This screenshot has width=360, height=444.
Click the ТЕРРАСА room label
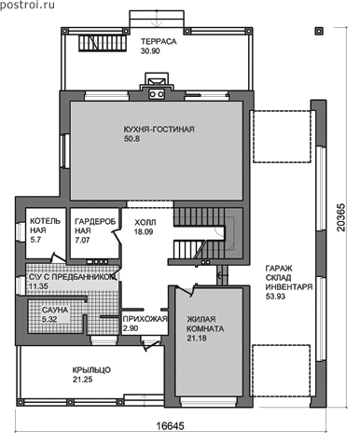[159, 42]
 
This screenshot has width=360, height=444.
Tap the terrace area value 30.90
[150, 51]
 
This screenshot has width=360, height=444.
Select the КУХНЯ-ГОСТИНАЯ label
[159, 130]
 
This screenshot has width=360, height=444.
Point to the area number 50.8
[132, 139]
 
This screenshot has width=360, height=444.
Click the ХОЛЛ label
[145, 223]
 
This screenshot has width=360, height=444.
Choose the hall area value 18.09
[144, 232]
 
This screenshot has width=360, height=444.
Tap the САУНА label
[55, 310]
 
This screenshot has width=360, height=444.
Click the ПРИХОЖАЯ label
[145, 319]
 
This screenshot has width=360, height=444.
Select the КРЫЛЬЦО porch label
[91, 370]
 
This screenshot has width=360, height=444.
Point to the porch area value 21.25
[82, 380]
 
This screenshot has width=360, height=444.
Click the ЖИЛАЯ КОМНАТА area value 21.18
[197, 339]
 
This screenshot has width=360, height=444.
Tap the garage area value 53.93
[275, 297]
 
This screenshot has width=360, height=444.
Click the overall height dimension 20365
[341, 217]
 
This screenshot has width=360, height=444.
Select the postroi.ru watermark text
[27, 5]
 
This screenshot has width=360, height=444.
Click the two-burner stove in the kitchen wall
[156, 93]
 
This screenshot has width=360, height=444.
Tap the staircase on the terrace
[102, 43]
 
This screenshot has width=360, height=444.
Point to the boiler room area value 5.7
[36, 240]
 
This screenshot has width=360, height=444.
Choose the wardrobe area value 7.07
[82, 240]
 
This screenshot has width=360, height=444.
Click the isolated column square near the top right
[319, 31]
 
